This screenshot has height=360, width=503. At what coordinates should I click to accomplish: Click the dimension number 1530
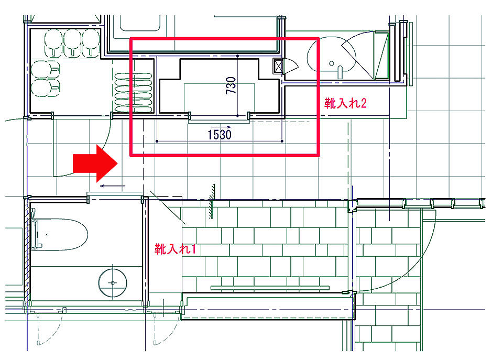coord(220,134)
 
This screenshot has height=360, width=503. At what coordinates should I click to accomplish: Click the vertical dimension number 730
coord(231,85)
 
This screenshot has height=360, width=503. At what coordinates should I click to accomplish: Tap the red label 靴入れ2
coord(345,103)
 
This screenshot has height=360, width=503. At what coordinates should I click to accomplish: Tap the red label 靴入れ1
coord(175,249)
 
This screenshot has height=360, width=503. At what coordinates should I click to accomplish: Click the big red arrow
coord(95,163)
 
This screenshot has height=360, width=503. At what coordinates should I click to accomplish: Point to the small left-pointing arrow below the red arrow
coord(113,186)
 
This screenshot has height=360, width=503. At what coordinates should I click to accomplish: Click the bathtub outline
coord(60,234)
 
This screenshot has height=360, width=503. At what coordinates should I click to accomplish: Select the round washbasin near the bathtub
coord(113,283)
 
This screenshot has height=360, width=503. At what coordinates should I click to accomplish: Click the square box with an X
coord(278,66)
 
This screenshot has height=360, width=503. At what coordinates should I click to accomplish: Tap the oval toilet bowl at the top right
coord(332,58)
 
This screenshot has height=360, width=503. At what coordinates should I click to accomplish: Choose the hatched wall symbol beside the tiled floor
coord(212,202)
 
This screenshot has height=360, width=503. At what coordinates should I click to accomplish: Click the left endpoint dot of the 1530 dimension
coord(157,141)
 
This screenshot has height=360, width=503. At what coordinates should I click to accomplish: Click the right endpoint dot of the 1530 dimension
coord(282,141)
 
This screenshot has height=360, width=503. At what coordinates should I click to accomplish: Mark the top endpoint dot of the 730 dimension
coord(237,56)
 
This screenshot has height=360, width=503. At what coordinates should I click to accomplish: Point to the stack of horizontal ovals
coord(134,93)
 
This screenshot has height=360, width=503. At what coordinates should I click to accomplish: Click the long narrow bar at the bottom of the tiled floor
coord(270,288)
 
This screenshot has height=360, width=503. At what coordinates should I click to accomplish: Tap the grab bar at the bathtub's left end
coord(35,234)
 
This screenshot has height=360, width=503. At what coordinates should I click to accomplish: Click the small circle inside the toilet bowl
coord(331,63)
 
